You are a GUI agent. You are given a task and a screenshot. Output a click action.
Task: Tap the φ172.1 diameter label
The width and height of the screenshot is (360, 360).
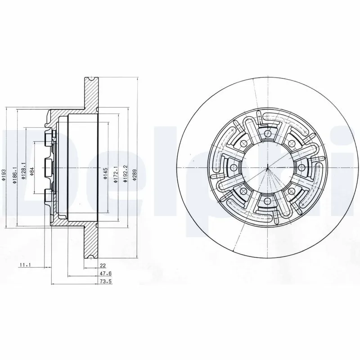[117, 172]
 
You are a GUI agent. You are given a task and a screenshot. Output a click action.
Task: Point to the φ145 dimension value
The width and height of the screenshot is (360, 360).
[105, 173]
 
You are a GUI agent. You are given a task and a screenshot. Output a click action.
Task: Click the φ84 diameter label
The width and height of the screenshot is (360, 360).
[32, 172]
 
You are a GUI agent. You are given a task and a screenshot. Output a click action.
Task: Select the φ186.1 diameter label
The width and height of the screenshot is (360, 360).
[15, 173]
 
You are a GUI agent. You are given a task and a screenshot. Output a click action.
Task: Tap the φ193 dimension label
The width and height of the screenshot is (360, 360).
[4, 175]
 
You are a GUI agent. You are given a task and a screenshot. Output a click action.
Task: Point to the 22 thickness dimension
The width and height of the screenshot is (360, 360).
[102, 265]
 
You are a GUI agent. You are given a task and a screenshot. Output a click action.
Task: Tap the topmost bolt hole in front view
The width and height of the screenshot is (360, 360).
[268, 134]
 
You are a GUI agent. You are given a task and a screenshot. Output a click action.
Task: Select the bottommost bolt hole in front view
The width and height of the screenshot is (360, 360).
[268, 200]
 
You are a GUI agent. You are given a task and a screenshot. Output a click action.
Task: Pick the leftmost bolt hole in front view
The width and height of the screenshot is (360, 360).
[233, 167]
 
